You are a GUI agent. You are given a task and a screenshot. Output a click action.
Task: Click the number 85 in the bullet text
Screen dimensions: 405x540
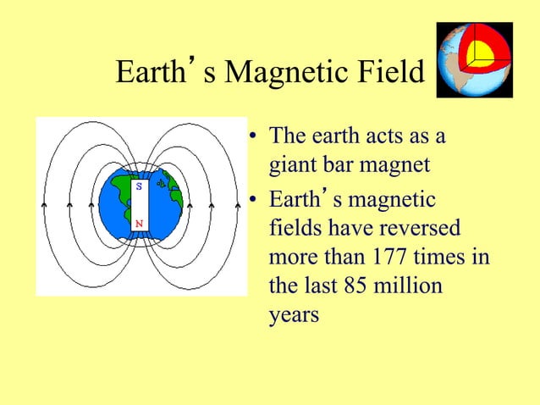point(356,286)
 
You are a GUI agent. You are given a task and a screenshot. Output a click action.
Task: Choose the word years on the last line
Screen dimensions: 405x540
point(294,314)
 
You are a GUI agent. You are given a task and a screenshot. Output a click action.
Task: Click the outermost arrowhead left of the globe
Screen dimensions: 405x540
point(45,204)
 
